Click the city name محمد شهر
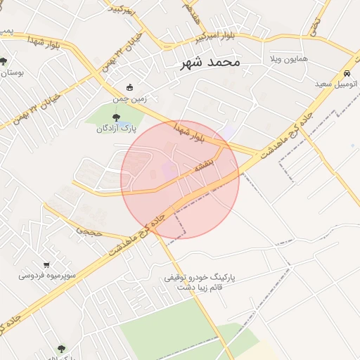pos(210,63)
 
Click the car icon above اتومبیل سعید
pos(347,73)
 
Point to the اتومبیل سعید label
pos(336,84)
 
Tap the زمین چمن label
pos(130,99)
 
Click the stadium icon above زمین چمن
pos(130,88)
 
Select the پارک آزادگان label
pos(115,129)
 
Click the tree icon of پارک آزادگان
pos(116,117)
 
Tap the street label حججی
pos(89,230)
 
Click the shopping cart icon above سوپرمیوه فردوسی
pos(46,265)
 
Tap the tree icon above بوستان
pos(4,61)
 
